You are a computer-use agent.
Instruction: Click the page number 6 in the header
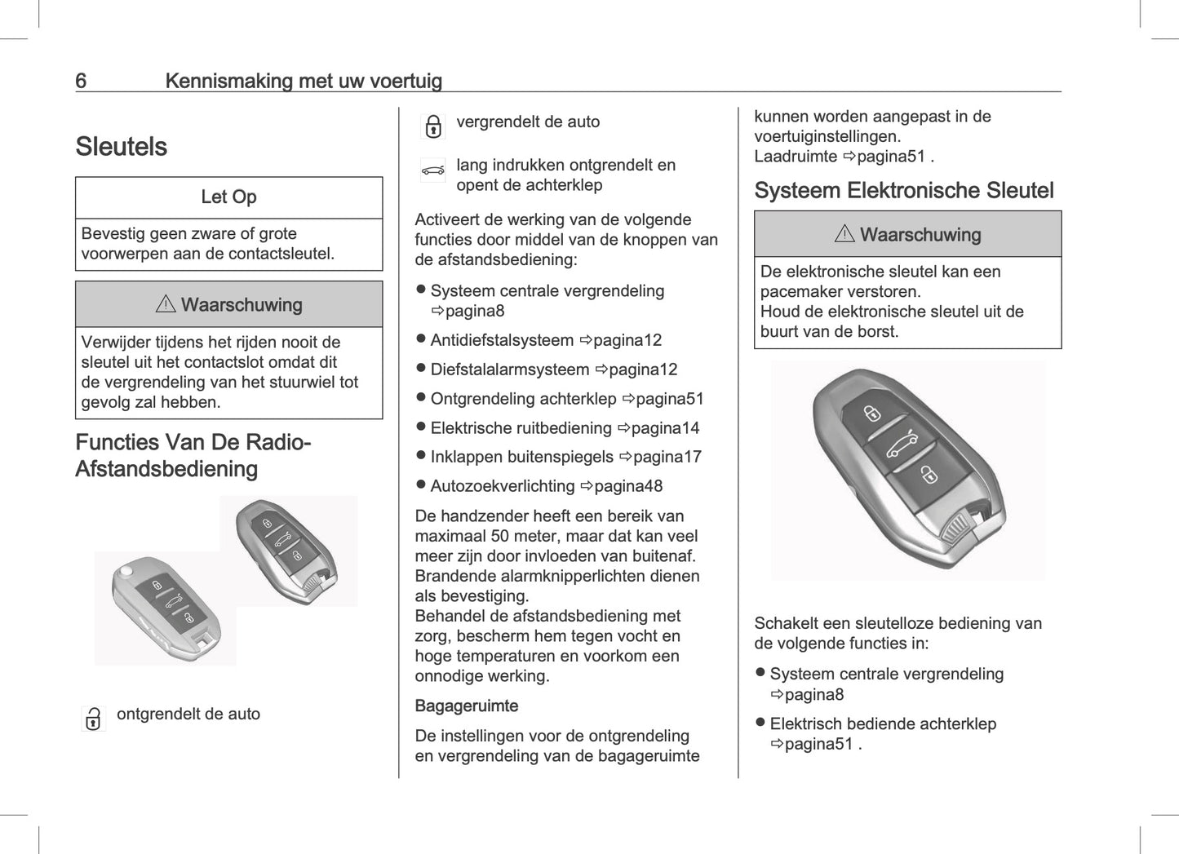click(81, 81)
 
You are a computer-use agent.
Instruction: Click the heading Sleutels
click(121, 147)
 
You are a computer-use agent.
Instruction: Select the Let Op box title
click(228, 197)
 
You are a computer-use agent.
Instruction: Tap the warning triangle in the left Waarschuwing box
click(166, 304)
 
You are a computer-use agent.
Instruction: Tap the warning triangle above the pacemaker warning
click(844, 234)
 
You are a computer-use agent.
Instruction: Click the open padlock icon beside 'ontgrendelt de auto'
click(94, 719)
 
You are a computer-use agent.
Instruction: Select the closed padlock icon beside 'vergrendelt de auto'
click(433, 126)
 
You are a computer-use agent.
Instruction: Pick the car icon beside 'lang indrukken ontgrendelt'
click(432, 170)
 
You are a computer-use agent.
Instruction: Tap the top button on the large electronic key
click(872, 412)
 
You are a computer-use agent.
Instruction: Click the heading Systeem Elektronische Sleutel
click(903, 191)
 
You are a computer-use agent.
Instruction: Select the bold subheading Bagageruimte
click(466, 706)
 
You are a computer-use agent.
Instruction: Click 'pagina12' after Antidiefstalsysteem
click(627, 340)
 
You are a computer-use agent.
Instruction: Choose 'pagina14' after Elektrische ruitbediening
click(664, 428)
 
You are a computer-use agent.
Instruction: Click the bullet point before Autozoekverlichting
click(421, 485)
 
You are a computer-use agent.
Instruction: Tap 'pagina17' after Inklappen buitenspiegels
click(667, 457)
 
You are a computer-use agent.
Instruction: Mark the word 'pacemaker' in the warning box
click(800, 291)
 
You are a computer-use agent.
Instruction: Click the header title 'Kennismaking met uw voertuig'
click(304, 81)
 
